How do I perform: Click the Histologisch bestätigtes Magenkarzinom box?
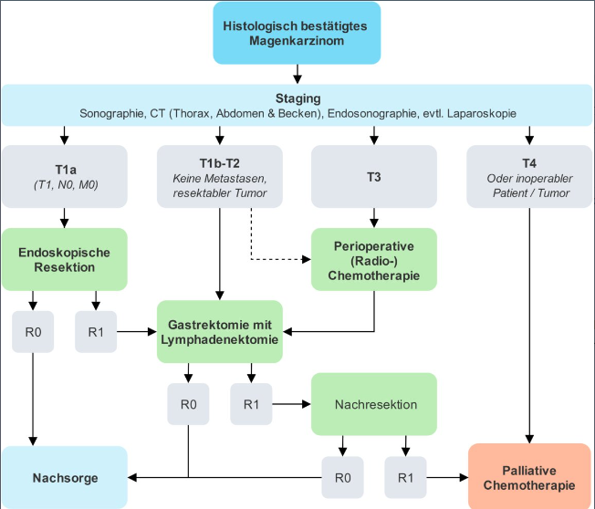(296, 34)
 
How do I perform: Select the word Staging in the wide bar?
(297, 99)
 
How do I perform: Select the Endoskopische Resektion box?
(64, 259)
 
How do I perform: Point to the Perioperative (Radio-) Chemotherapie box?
(373, 259)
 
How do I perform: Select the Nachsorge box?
(64, 477)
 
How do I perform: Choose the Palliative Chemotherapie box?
(529, 476)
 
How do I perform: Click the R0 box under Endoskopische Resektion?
(34, 332)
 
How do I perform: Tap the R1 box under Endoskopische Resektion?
(95, 332)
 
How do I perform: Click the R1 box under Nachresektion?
(404, 476)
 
